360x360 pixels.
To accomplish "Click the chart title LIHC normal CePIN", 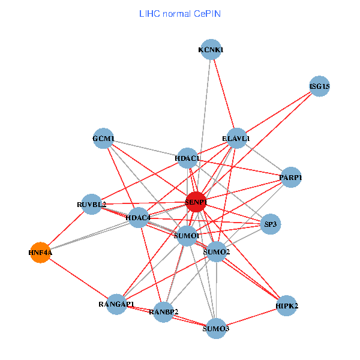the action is click(179, 13).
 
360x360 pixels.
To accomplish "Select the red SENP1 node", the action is click(196, 202).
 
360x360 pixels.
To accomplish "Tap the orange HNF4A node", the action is click(40, 253).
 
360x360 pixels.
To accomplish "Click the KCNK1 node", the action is click(211, 50).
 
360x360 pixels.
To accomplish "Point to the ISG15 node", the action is click(319, 86).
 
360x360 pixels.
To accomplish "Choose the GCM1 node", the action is click(103, 138).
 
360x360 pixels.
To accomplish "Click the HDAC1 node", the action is click(188, 158).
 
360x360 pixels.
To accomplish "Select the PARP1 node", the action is click(290, 178).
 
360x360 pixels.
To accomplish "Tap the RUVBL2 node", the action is click(92, 204).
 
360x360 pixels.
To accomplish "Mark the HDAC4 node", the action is click(139, 217).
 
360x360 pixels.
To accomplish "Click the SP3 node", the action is click(270, 224).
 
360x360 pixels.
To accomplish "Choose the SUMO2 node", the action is click(217, 252).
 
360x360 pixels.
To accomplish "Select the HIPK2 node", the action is click(287, 305).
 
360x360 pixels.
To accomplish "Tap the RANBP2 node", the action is click(164, 311).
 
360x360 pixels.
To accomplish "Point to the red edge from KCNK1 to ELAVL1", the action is click(224, 94).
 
